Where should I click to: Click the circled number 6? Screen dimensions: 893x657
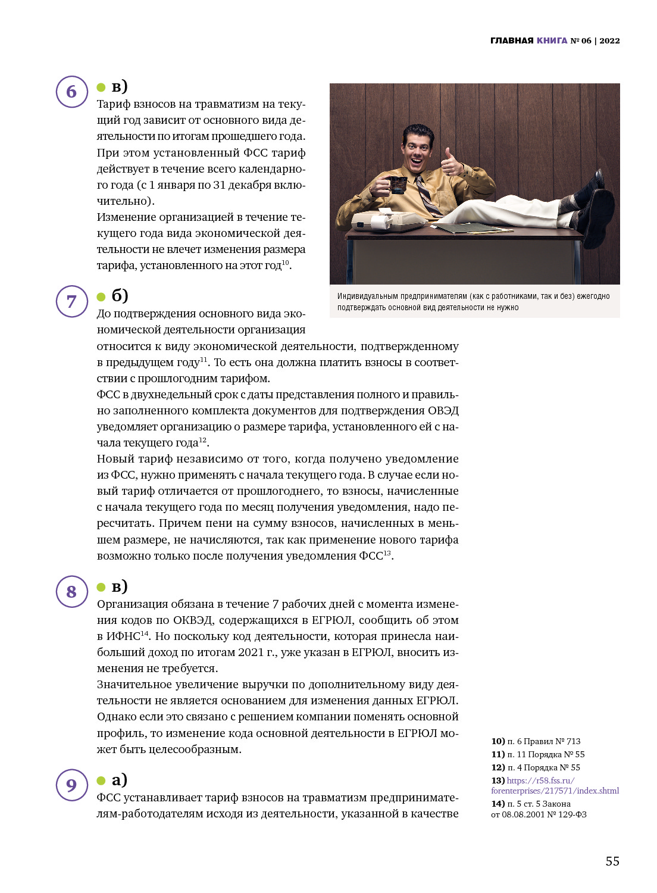[72, 92]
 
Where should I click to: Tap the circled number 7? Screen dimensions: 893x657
[72, 301]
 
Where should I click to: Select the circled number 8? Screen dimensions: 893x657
[72, 591]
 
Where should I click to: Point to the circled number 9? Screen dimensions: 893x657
[72, 785]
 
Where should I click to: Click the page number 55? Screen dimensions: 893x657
[612, 861]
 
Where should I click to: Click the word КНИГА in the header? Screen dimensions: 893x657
[552, 40]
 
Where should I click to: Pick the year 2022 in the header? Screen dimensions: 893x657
[609, 40]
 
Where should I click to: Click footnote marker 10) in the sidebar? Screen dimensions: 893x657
[498, 741]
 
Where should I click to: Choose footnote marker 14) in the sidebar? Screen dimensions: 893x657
[498, 804]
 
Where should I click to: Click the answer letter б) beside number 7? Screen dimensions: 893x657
[120, 295]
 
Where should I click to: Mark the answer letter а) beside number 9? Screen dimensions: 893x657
[119, 779]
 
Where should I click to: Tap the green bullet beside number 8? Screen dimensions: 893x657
[101, 587]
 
